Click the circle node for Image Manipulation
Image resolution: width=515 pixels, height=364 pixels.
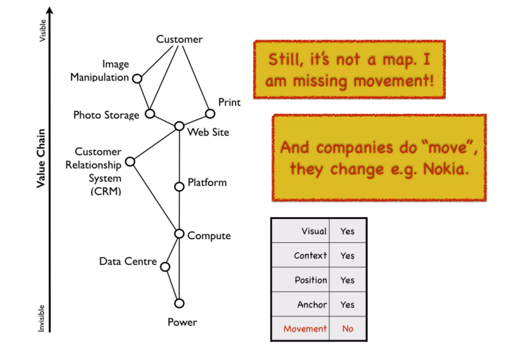tap(137, 79)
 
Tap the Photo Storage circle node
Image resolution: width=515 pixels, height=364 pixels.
tap(150, 114)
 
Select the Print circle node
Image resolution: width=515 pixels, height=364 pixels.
tap(210, 114)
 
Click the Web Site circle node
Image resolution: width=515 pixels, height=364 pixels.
tap(179, 126)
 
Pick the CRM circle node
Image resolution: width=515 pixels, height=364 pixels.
tap(130, 161)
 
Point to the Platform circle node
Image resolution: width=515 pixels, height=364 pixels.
tap(179, 187)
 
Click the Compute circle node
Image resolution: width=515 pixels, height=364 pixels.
tap(179, 234)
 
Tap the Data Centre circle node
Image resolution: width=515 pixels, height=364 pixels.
tap(165, 267)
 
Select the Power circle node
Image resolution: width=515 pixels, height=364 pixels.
tap(179, 303)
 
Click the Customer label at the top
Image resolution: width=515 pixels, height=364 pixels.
tap(179, 39)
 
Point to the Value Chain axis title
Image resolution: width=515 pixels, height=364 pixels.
tap(41, 158)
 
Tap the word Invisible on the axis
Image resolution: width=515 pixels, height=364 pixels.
tap(41, 318)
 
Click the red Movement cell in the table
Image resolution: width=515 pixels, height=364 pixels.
tap(305, 329)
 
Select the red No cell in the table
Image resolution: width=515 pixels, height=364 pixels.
tap(348, 329)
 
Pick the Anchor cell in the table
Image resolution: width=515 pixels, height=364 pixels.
tap(312, 305)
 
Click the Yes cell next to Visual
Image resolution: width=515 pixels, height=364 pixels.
tap(348, 231)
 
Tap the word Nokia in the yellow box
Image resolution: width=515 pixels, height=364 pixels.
tap(446, 169)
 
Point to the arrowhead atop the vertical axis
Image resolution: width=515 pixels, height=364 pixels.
tap(50, 11)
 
